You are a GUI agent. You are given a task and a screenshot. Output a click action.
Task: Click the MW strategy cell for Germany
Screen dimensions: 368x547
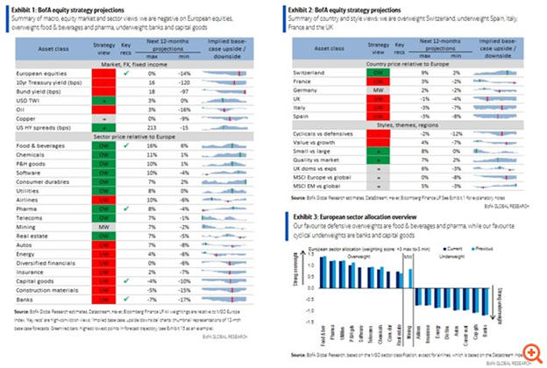click(374, 90)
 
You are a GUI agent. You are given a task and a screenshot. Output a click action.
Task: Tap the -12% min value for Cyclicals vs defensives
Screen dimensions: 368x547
click(456, 132)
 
